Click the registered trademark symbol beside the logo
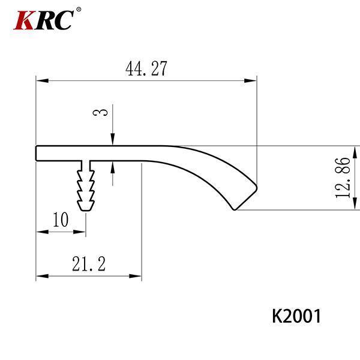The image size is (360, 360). (x=79, y=10)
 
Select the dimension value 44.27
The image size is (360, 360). (x=146, y=68)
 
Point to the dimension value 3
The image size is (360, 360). (x=100, y=112)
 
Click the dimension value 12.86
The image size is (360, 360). (x=343, y=178)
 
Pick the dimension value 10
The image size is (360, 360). (x=61, y=220)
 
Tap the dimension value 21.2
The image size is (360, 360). (x=89, y=264)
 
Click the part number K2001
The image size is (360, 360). (x=296, y=316)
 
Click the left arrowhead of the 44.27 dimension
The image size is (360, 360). (x=42, y=80)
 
